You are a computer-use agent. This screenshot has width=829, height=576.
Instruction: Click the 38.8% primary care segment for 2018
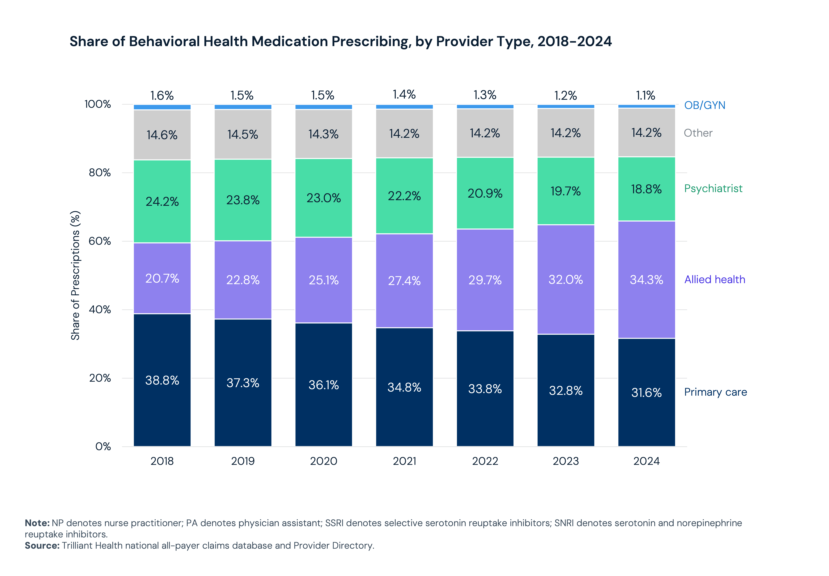[x=162, y=380]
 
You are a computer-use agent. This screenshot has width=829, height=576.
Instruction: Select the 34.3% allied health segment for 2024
[x=646, y=280]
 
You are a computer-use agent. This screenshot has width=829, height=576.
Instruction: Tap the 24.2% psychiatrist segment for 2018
[x=162, y=201]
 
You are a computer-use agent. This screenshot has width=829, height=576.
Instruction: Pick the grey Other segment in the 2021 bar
[x=404, y=134]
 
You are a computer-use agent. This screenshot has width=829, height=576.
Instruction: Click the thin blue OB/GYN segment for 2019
[x=243, y=107]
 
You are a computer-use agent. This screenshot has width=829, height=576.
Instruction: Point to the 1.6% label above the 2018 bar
[x=162, y=96]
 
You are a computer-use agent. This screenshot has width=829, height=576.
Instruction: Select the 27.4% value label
[x=404, y=281]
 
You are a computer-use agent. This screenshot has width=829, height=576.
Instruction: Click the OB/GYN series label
[x=704, y=105]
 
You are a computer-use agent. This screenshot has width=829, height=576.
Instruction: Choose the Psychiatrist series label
[x=713, y=188]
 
